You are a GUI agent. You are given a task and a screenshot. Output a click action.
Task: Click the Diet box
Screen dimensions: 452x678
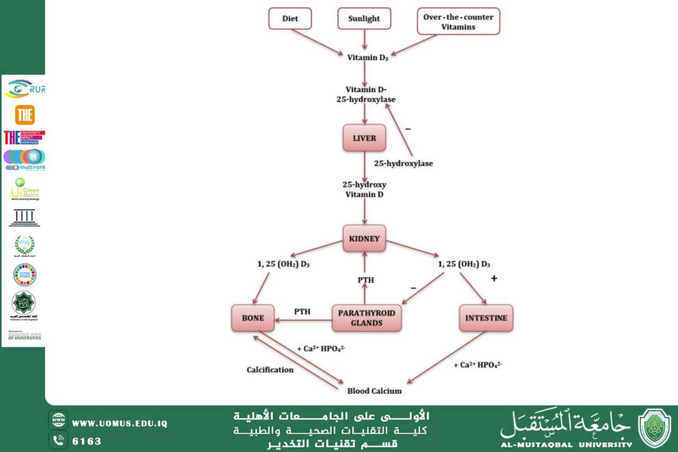290,19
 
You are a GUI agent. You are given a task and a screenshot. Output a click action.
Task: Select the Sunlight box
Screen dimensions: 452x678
364,19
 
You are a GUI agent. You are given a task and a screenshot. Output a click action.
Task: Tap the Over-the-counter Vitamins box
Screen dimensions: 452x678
458,21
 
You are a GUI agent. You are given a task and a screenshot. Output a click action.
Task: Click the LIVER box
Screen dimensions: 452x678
364,138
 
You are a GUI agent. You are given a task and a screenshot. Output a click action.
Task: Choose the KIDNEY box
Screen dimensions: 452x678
364,238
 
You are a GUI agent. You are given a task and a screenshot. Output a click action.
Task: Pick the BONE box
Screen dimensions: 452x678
253,318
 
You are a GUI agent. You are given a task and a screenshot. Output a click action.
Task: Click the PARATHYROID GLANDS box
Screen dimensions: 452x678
366,318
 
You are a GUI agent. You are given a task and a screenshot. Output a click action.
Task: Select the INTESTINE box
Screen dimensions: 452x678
486,318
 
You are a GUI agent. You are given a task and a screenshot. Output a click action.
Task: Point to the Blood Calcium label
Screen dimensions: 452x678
374,391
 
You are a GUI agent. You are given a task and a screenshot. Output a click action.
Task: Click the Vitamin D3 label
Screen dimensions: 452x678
368,58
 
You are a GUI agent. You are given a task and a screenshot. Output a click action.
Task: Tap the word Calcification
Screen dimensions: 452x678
270,369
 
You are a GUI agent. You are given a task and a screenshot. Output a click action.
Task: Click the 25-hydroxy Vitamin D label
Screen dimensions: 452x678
364,189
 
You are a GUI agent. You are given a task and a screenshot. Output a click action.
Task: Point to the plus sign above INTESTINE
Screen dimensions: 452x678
494,278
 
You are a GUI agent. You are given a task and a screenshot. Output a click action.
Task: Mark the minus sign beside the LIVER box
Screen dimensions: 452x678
408,129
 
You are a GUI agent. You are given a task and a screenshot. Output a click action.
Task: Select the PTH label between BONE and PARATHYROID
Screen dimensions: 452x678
302,312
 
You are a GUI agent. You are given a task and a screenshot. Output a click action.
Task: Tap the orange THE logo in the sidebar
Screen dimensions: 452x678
24,114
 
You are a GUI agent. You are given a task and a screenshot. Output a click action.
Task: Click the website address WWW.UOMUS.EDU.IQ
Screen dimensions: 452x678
120,423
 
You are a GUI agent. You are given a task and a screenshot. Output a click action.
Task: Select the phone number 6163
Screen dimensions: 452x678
86,441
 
